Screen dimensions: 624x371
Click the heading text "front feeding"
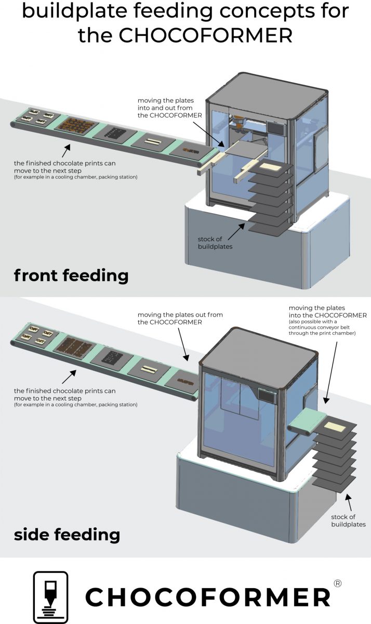pos(71,275)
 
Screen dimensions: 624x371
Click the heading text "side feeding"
pos(67,534)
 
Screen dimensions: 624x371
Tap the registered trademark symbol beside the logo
pos(338,583)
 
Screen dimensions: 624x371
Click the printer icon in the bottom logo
pos(51,597)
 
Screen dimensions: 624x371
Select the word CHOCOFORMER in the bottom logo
pos(208,597)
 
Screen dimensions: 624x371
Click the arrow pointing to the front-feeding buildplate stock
pos(241,227)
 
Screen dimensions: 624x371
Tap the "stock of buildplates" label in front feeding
pos(215,242)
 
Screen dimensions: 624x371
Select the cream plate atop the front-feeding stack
pos(270,167)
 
